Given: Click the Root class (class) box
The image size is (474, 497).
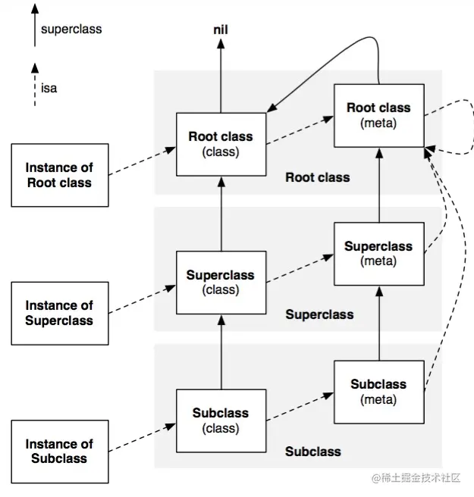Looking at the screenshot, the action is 221,144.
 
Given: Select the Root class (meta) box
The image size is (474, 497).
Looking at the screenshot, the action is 379,116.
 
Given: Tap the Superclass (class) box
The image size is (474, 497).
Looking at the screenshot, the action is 221,283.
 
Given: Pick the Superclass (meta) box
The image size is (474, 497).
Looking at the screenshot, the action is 379,254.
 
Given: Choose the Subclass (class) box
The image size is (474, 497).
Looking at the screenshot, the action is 221,421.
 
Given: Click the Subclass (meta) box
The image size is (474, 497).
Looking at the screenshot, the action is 379,392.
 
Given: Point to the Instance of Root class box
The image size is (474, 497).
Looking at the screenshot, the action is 60,175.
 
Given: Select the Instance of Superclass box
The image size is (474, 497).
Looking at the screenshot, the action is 60,314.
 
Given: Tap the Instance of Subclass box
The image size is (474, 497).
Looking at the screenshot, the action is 60,452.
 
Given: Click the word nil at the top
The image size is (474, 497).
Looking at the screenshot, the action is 221,30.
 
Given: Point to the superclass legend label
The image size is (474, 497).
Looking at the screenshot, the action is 71,29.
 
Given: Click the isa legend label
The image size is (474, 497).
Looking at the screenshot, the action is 49,88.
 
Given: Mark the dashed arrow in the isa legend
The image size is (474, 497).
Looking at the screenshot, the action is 35,85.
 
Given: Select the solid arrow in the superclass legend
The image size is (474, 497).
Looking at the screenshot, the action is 35,25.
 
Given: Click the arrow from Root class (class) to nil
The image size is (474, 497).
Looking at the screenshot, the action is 221,76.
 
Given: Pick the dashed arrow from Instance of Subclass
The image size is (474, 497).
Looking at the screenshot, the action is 142,437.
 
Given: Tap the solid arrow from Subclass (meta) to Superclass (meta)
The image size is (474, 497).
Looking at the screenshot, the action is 379,324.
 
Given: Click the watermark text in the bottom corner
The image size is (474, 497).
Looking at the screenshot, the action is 416,478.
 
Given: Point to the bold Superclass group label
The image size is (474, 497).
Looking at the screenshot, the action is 319,314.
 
